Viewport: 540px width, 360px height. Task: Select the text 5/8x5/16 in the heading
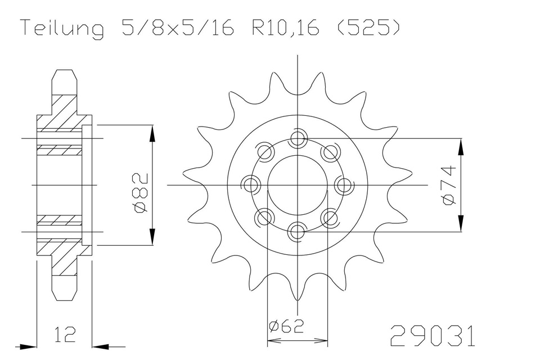pyautogui.click(x=177, y=29)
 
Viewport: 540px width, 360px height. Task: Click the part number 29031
pyautogui.click(x=432, y=336)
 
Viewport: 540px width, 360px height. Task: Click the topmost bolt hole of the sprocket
pyautogui.click(x=297, y=138)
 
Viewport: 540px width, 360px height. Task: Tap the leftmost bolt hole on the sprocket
pyautogui.click(x=251, y=184)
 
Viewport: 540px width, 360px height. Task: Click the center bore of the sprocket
pyautogui.click(x=297, y=184)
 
